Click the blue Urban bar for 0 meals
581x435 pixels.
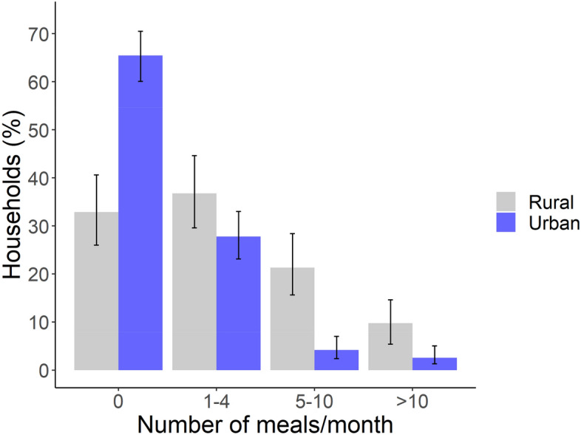(140, 214)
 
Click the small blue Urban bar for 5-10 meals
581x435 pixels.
(336, 360)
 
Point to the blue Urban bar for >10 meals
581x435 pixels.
(435, 364)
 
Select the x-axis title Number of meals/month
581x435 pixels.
(265, 425)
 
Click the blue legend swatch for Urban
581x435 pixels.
(506, 222)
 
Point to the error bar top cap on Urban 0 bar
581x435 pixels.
(140, 32)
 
